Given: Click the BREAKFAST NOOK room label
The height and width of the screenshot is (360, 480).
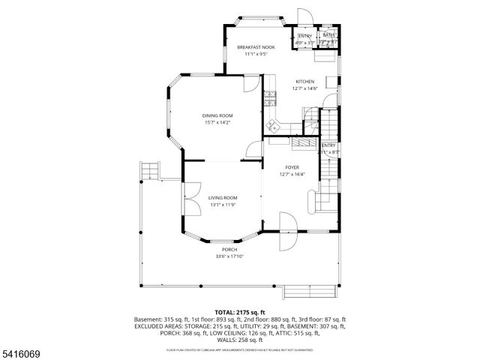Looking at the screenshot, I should pos(256,47).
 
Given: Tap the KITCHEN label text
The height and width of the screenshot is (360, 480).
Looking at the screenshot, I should pos(304,82).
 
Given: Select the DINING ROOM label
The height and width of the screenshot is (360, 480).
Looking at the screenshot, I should pos(217,115).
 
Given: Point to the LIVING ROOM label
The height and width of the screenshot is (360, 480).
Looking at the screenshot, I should pos(222,198).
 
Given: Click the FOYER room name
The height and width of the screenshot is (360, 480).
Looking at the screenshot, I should pos(292,167).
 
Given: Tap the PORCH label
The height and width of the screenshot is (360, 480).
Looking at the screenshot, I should pos(229,249).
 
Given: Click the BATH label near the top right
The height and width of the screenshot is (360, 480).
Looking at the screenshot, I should pos(328,36).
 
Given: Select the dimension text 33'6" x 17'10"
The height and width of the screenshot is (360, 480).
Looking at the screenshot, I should pos(229,256).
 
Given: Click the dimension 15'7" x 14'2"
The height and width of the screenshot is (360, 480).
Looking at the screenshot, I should pos(217,122).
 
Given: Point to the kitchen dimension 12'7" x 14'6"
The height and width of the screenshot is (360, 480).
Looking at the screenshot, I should pos(304,88).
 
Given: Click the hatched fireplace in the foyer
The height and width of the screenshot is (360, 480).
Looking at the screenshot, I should pos(304,142).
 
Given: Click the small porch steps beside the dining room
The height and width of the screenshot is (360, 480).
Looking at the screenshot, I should pos(151,171).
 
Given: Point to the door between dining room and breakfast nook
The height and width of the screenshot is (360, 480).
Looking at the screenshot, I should pos(251,84).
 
